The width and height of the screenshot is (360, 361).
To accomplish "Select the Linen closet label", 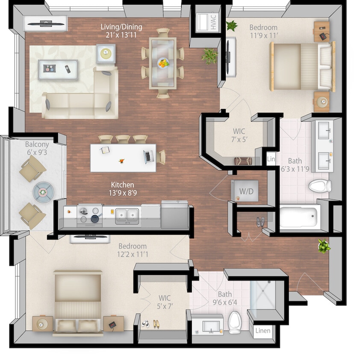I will click(x=263, y=331).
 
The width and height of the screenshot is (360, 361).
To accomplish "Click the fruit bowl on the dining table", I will click(x=163, y=63).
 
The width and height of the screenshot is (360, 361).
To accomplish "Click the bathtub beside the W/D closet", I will click(x=300, y=217).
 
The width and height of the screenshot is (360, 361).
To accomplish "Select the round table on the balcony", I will click(x=43, y=192).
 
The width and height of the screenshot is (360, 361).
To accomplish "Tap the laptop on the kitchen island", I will click(x=148, y=156).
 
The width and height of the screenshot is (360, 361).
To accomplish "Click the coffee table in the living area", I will click(x=58, y=69).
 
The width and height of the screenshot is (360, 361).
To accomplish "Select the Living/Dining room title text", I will click(x=121, y=27).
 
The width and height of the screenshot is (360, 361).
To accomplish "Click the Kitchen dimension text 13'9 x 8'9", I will click(x=123, y=192).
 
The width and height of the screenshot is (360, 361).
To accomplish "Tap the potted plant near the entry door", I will click(x=324, y=246).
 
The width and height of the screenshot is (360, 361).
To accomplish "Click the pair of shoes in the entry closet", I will click(x=260, y=221).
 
